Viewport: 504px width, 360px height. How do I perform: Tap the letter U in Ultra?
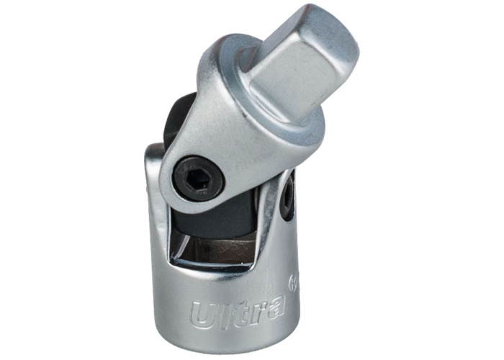[x=202, y=318]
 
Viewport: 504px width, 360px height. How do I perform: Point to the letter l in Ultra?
[x=222, y=313]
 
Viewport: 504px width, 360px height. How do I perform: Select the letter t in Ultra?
[x=235, y=310]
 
